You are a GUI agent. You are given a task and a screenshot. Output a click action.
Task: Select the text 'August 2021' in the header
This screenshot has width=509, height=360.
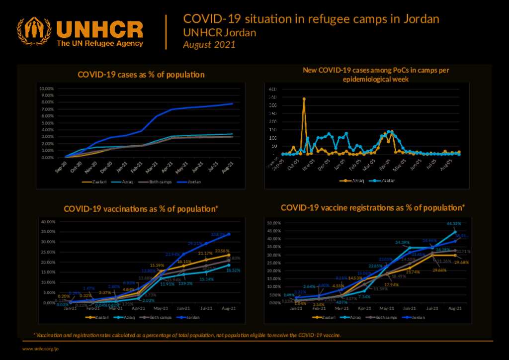(209, 45)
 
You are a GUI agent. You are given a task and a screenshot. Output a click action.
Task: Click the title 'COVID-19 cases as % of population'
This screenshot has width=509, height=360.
(141, 75)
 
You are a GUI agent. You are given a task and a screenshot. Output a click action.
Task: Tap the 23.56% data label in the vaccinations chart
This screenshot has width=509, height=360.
(222, 251)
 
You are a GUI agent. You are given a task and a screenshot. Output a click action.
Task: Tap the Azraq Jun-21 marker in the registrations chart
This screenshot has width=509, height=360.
(410, 248)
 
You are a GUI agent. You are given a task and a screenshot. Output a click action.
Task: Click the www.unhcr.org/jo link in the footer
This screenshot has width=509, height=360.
(40, 349)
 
